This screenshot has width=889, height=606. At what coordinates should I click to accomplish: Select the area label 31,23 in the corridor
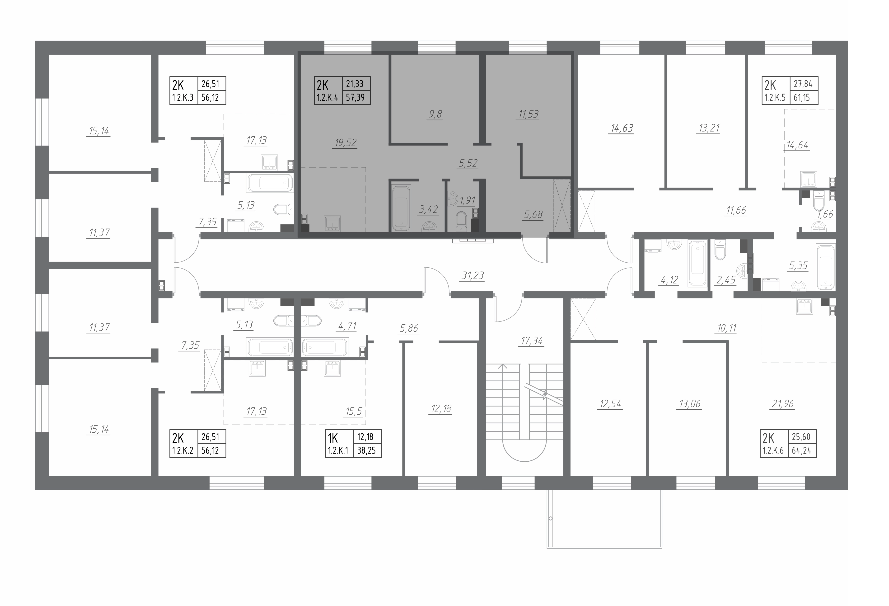pyautogui.click(x=473, y=276)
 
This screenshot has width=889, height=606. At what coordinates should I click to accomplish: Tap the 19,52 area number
pyautogui.click(x=346, y=143)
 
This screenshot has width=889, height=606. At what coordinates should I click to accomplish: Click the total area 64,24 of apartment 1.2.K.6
pyautogui.click(x=801, y=450)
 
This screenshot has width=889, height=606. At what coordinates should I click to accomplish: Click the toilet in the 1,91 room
pyautogui.click(x=462, y=222)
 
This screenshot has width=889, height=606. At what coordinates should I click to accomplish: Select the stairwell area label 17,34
pyautogui.click(x=532, y=341)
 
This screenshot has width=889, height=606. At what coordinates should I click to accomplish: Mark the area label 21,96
pyautogui.click(x=783, y=404)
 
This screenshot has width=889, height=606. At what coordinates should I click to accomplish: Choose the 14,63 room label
pyautogui.click(x=622, y=128)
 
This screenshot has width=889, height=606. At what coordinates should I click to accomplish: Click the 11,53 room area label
pyautogui.click(x=528, y=114)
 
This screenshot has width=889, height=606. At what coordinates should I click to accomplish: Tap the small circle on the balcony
pyautogui.click(x=550, y=519)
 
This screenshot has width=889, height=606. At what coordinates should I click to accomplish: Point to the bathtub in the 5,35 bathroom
pyautogui.click(x=825, y=267)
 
